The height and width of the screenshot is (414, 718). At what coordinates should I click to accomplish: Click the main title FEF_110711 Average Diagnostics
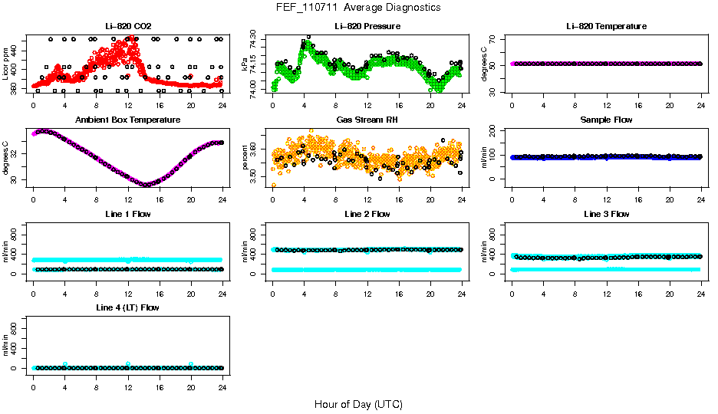click(358, 8)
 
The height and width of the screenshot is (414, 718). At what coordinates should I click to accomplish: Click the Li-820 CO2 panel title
click(127, 26)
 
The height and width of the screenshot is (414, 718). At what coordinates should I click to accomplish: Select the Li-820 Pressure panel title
click(367, 26)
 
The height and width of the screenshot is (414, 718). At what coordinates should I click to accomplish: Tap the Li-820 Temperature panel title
click(606, 26)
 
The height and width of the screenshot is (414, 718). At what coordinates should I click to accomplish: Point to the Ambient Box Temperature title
click(127, 120)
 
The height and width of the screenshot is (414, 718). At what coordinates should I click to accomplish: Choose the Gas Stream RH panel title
click(367, 120)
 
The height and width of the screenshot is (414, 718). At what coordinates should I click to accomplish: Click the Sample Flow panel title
click(606, 120)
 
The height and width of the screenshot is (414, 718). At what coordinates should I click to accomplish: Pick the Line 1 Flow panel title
click(127, 214)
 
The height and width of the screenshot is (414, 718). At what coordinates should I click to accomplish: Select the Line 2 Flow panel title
click(367, 214)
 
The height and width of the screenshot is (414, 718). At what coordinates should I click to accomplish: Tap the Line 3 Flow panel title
click(606, 214)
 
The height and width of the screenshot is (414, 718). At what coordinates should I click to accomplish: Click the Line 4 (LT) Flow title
click(127, 307)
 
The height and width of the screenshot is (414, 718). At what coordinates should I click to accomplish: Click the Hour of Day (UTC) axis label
click(358, 404)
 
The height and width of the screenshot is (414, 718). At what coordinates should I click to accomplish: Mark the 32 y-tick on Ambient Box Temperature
click(15, 153)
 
